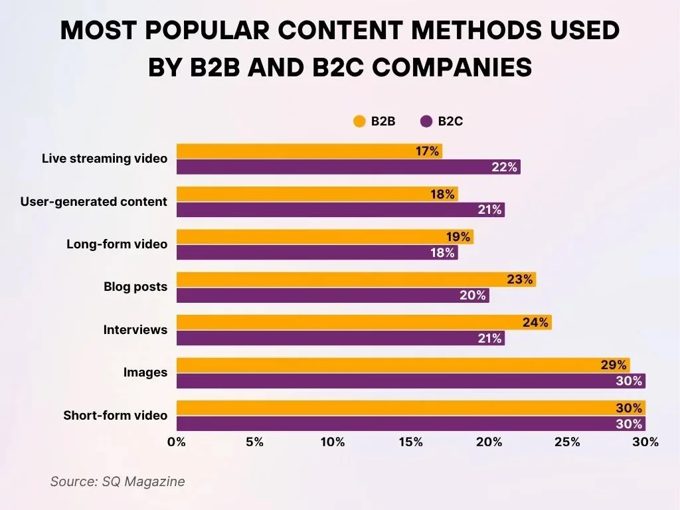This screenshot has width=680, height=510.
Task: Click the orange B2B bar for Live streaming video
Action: pos(292,151)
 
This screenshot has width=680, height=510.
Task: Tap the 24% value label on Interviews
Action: pos(535,323)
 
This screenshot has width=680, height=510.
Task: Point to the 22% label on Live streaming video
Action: pos(504,167)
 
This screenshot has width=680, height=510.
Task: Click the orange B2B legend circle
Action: pos(359,122)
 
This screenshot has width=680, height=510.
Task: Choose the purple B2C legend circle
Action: pos(426,122)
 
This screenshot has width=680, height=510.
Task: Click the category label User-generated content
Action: pos(94,201)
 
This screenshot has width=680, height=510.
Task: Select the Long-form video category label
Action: pos(117,244)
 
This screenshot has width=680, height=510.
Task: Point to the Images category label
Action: pos(145,373)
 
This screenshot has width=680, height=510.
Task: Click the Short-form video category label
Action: pos(115,416)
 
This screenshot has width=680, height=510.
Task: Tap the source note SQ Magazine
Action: pos(118,481)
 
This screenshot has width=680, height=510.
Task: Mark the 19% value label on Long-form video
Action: pos(458,237)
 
